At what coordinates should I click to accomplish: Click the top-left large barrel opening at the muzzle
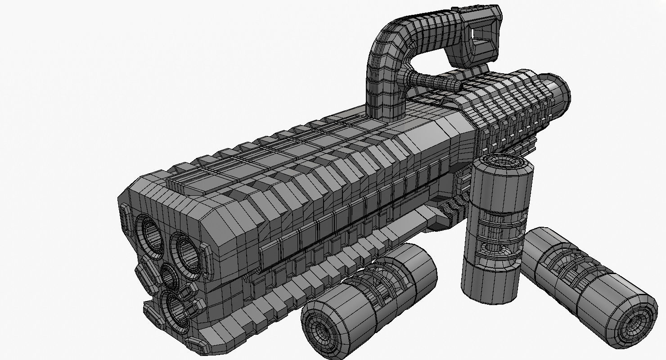[x=149, y=234]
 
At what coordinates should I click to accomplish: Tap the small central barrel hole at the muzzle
[x=169, y=277]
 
